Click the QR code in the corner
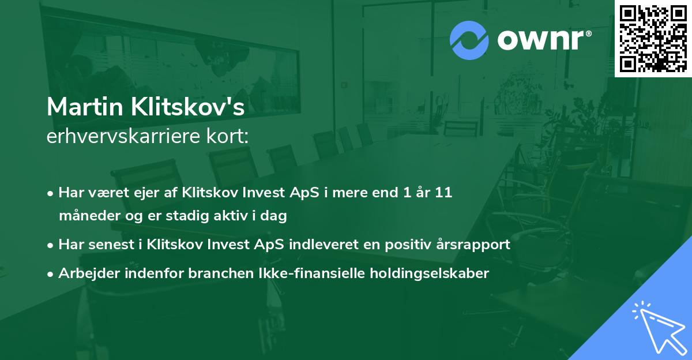[653, 39]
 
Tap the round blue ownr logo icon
[469, 40]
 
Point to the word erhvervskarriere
[126, 137]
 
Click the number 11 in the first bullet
[443, 193]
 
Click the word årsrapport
[476, 245]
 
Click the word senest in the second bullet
[113, 245]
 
